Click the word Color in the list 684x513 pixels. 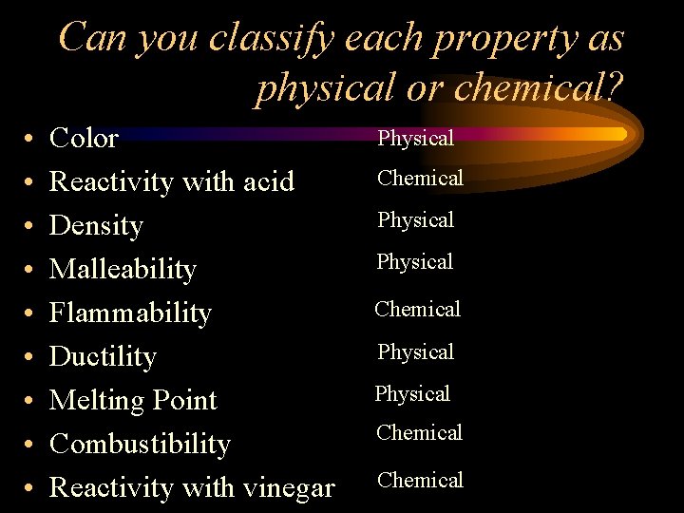coord(84,139)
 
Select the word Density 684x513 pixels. coord(96,226)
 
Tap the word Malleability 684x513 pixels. coord(123,270)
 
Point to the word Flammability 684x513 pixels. coord(130,313)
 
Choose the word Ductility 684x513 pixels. coord(103,357)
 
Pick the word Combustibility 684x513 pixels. coord(140,445)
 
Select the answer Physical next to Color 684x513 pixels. coord(415,139)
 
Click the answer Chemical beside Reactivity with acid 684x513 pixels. coord(420,178)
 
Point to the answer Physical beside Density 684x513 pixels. coord(415,220)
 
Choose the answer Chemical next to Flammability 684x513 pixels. coord(417,309)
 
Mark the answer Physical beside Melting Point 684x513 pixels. coord(411,393)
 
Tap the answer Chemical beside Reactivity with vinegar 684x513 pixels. coord(420,480)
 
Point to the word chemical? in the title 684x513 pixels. coord(539,88)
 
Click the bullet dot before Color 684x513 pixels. coord(30,140)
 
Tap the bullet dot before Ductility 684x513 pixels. coord(30,358)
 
